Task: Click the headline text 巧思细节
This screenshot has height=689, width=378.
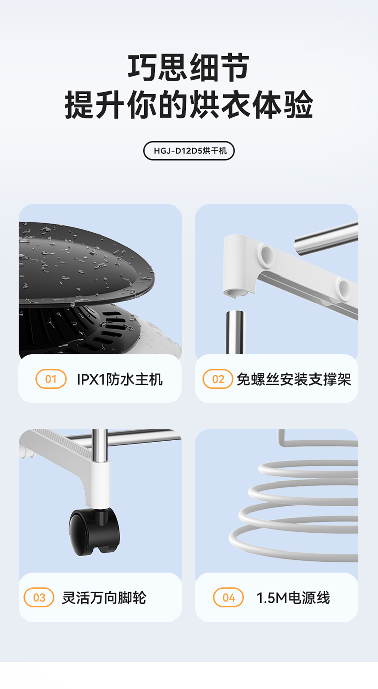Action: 188,67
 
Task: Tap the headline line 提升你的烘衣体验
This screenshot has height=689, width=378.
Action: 188,105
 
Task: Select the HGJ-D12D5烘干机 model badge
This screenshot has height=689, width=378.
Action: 188,151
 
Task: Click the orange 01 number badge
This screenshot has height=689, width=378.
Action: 51,379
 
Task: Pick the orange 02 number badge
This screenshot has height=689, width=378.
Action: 218,379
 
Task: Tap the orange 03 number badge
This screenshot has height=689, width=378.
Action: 39,598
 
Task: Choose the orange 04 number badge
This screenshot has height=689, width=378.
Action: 228,598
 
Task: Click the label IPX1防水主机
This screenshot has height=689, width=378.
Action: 120,379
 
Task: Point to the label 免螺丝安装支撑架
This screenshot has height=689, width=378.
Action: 294,379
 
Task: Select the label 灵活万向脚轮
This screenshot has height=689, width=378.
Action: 104,598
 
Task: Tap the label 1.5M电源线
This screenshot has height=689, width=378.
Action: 293,598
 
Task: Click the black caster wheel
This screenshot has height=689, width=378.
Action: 94,531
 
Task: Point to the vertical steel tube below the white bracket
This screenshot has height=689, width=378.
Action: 235,332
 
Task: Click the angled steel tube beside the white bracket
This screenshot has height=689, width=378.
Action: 326,239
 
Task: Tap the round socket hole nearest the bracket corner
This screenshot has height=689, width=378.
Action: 266,254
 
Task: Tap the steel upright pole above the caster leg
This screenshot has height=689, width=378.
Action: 100,444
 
